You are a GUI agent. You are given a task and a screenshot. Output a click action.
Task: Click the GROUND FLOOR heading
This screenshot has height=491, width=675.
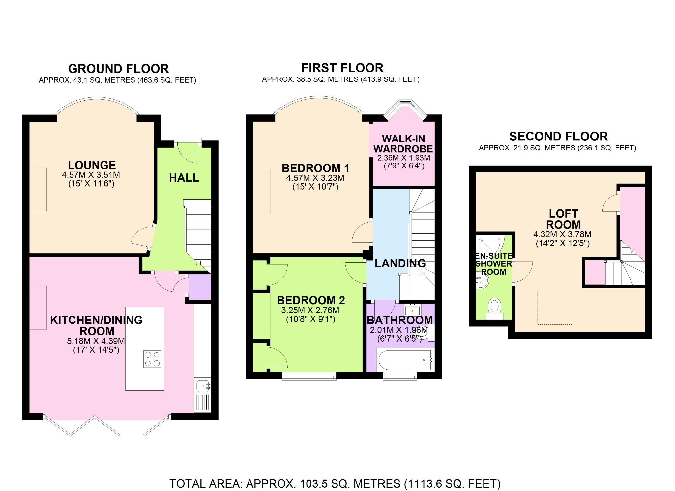(118, 69)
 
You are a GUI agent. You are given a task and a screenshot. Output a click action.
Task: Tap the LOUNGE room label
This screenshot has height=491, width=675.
(92, 165)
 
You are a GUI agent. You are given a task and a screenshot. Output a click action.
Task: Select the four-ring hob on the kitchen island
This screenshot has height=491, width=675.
(152, 359)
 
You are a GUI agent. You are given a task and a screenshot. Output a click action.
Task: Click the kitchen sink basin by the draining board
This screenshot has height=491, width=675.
(202, 385)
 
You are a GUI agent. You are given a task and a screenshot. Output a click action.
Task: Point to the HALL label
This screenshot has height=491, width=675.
(184, 178)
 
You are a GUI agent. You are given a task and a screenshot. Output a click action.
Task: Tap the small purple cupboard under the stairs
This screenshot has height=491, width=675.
(200, 287)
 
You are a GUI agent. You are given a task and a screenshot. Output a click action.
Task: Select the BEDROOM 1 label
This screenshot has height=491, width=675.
(315, 168)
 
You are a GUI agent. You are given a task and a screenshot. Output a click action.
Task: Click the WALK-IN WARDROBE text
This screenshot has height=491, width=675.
(403, 144)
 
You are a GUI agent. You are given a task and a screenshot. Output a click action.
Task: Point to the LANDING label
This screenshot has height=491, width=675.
(400, 263)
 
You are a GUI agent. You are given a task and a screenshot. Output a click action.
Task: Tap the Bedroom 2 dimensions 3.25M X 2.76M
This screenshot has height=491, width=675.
(310, 310)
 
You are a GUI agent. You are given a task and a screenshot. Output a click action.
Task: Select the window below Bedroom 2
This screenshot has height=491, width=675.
(309, 376)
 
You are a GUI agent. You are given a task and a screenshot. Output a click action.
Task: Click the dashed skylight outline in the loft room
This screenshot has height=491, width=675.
(554, 307)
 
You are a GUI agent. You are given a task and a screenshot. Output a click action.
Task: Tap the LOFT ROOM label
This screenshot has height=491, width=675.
(563, 219)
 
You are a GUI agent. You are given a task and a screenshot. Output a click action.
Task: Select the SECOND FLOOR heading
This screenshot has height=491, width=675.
(558, 136)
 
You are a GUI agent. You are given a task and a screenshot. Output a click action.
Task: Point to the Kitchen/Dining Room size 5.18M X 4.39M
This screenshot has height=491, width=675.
(96, 341)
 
